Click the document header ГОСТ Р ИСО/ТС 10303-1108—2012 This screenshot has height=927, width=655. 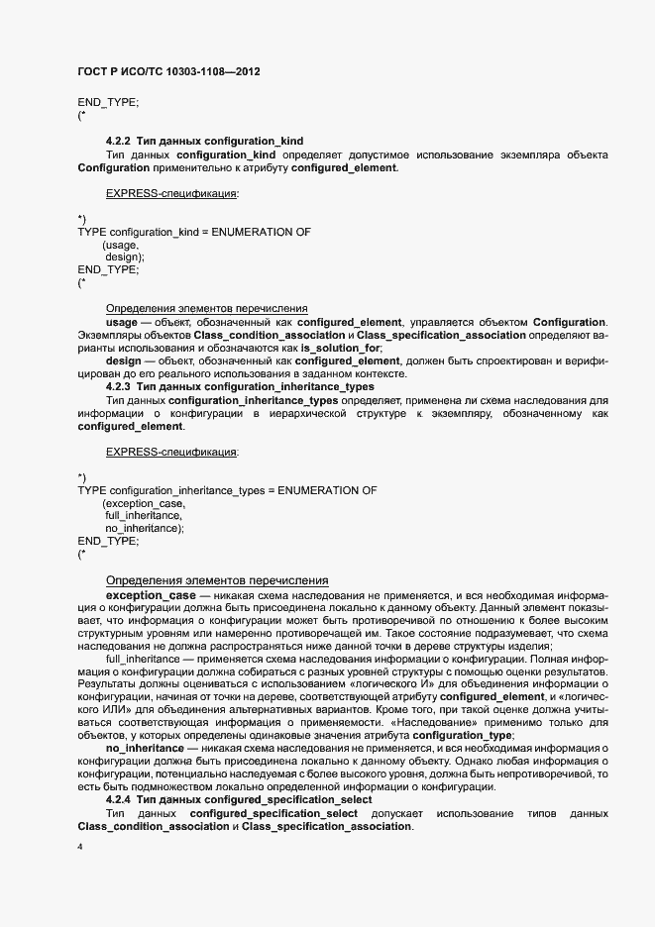coord(169,73)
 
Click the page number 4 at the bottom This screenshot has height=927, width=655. coord(80,849)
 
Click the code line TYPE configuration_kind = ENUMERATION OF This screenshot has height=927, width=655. coord(194,232)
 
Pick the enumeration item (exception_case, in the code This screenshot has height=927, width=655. coord(144,503)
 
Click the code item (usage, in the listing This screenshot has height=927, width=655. coord(121,245)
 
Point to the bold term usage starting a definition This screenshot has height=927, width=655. coord(122,322)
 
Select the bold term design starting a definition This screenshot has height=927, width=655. coord(124,360)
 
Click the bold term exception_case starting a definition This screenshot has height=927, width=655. coord(151,594)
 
